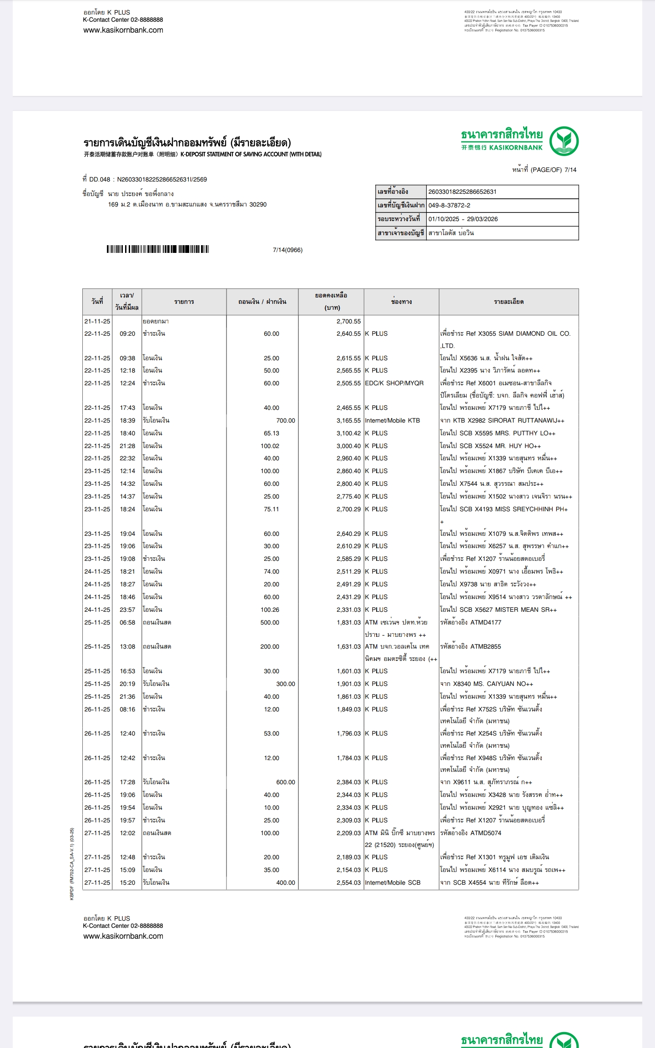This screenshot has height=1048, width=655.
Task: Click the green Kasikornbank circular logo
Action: click(564, 141)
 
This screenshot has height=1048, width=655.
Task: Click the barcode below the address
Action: click(158, 249)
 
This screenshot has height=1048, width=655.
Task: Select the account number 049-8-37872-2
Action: click(449, 206)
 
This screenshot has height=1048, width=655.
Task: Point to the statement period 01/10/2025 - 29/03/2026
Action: click(463, 219)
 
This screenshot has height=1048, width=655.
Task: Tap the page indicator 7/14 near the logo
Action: click(570, 170)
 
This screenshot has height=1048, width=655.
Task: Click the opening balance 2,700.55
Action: click(348, 322)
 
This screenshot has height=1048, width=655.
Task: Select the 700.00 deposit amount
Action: click(285, 421)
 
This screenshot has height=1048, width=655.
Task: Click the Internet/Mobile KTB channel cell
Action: click(392, 421)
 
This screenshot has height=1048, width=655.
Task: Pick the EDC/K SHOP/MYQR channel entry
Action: click(394, 383)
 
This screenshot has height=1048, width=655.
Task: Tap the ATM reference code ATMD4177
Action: click(486, 623)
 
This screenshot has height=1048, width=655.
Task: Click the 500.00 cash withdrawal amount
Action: click(270, 623)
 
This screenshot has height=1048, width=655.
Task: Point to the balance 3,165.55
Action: click(348, 421)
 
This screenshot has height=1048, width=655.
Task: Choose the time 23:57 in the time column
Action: click(127, 610)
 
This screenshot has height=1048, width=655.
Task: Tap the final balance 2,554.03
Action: click(348, 883)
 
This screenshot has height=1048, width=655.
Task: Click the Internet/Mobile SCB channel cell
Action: click(393, 883)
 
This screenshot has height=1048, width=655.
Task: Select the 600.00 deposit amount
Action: click(285, 782)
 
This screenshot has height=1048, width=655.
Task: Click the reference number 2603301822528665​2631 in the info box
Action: click(462, 192)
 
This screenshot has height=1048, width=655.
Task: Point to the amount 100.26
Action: click(270, 610)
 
